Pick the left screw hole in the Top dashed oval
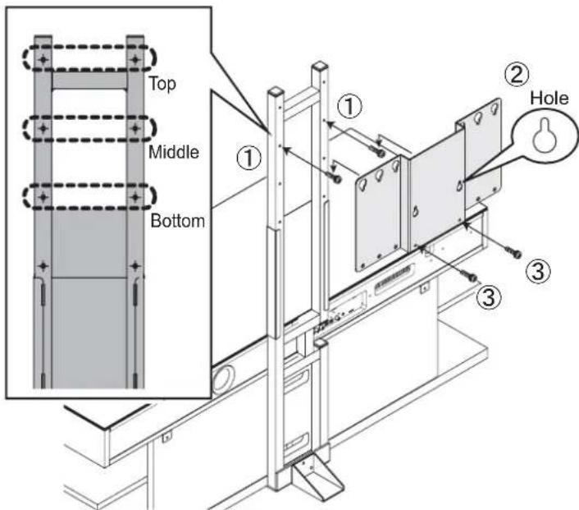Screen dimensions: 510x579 tap(44, 60)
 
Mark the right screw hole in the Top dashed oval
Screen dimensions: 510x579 tap(134, 60)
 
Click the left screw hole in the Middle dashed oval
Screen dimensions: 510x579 tap(44, 129)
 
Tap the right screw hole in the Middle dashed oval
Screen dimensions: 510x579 tap(134, 129)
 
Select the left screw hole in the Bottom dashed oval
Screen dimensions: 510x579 tap(44, 198)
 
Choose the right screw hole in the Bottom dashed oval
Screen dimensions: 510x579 tap(134, 198)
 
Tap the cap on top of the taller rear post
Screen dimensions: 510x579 tap(321, 66)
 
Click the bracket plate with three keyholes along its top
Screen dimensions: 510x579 tap(378, 214)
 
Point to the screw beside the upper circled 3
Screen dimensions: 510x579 tap(514, 251)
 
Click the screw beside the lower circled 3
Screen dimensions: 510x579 tap(470, 277)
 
